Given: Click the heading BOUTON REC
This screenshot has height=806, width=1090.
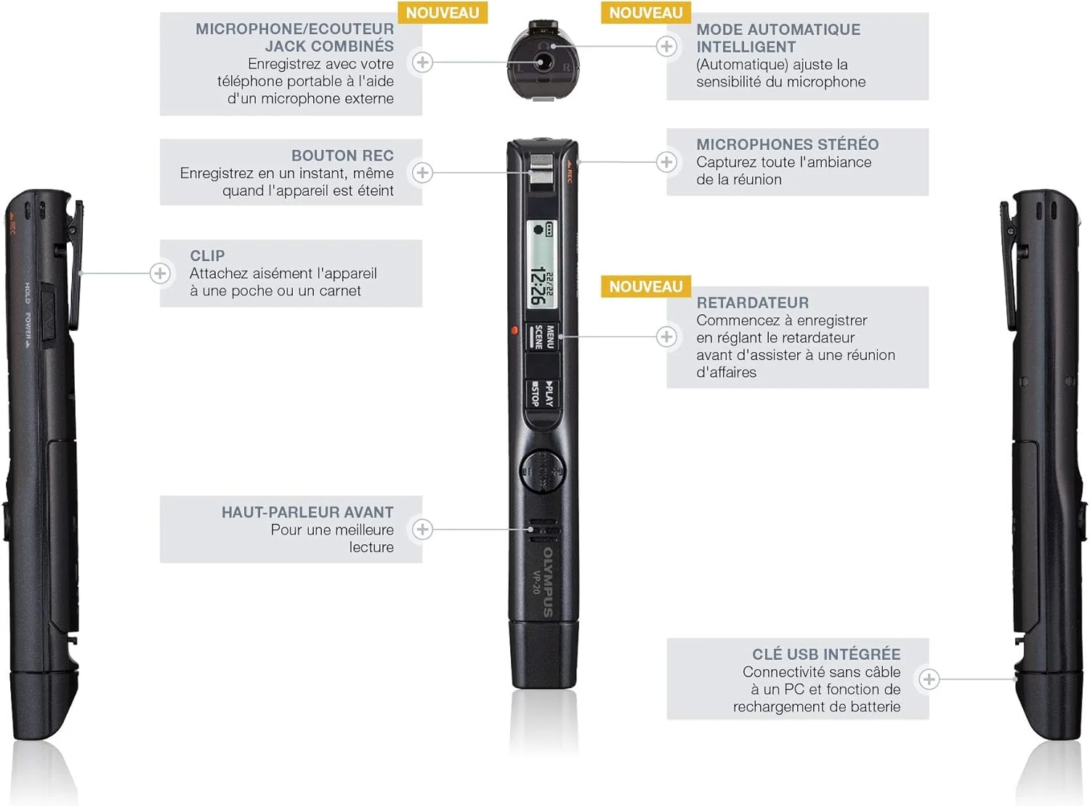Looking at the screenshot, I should (342, 156).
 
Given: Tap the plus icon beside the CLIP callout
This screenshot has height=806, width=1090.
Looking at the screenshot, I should (160, 274).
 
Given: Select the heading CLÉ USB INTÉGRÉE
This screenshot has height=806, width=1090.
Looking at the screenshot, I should (826, 654).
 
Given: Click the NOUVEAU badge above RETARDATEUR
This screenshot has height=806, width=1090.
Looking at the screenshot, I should (645, 287).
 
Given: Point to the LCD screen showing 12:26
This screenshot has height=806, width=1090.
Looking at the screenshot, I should (541, 263).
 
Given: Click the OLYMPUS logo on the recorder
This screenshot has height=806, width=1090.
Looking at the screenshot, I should (549, 583).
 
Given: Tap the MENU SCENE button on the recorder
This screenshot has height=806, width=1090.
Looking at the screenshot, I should (544, 337).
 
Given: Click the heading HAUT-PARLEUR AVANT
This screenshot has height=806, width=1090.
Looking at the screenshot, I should (307, 512).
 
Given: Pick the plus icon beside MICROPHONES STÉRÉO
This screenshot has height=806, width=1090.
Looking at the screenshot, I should (666, 161).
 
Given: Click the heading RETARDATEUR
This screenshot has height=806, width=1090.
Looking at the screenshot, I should (752, 303).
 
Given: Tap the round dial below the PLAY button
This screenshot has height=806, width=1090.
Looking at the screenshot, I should (542, 471).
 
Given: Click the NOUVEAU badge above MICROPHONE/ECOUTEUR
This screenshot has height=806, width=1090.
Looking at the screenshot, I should (442, 12).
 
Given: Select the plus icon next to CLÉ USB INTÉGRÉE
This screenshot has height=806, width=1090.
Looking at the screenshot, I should (928, 679).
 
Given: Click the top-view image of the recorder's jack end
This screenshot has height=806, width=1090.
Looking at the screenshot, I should (542, 60).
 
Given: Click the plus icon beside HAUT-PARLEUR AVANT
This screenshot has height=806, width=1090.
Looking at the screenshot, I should (422, 529).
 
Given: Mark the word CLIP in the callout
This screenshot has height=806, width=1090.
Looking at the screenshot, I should (207, 256).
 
